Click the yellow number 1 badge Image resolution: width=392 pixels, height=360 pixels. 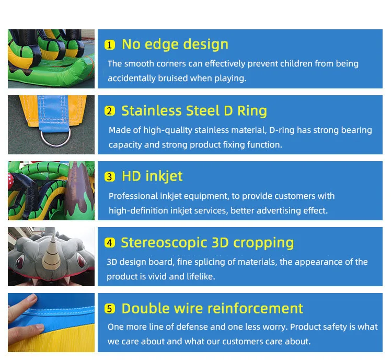(110, 45)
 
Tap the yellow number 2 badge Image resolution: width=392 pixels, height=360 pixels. (110, 111)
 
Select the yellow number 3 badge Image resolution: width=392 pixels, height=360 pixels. (110, 177)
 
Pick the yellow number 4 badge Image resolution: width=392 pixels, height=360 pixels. (110, 243)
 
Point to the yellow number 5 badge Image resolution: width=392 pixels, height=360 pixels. (110, 309)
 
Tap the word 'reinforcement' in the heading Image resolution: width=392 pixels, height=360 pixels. (254, 308)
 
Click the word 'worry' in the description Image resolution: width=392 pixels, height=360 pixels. (272, 327)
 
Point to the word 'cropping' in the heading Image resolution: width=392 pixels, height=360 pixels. (263, 243)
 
